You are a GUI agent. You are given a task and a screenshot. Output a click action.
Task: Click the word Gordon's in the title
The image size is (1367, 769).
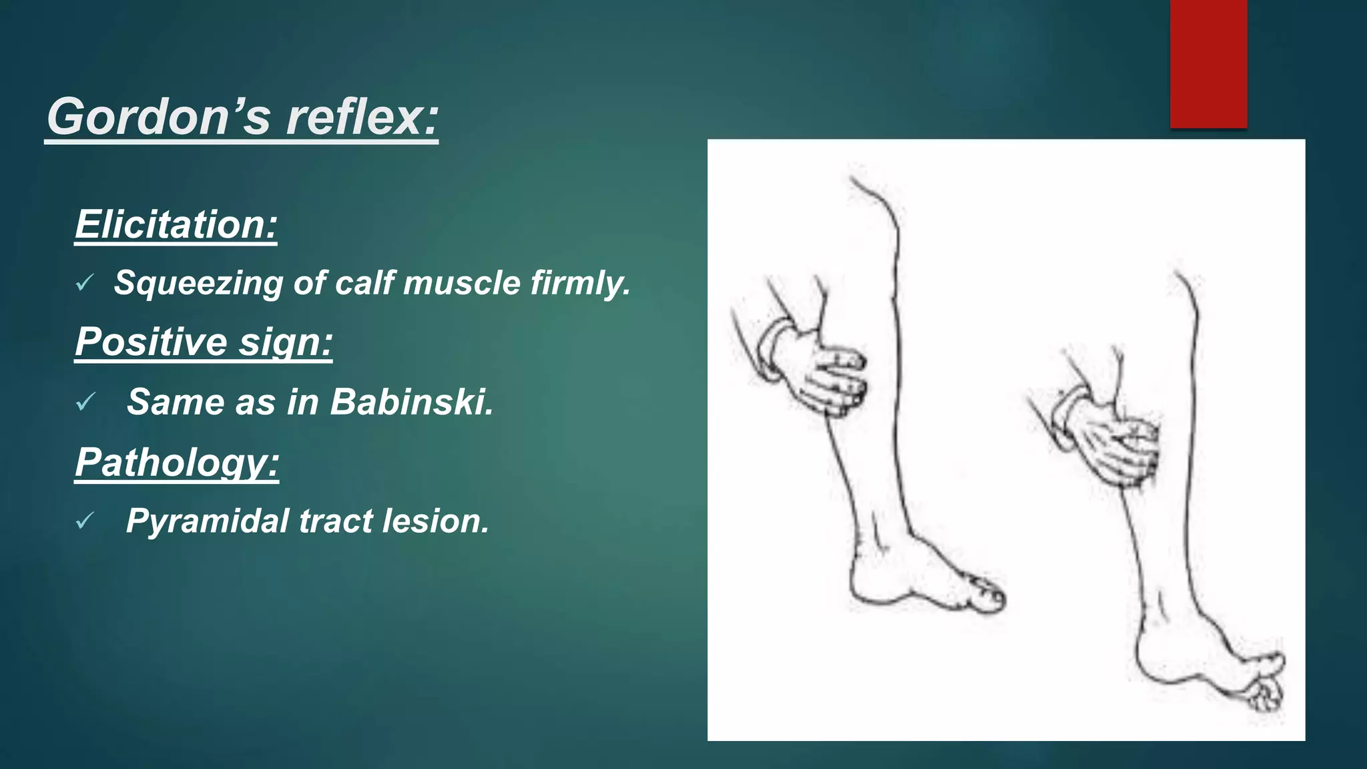158,117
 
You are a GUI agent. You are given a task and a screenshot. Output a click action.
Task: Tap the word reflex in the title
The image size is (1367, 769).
360,117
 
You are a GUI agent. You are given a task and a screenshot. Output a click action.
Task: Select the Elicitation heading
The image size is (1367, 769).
176,224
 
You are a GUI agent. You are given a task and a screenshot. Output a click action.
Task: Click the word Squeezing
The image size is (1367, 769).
198,283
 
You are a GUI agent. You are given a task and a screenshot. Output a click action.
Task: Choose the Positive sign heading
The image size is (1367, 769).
204,342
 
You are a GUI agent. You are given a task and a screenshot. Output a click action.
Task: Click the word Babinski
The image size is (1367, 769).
411,402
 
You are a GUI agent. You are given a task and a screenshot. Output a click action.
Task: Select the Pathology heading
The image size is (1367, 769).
177,462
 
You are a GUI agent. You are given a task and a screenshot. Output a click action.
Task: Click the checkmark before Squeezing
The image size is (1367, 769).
84,284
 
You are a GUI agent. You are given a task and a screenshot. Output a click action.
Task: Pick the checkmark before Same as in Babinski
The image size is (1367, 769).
85,403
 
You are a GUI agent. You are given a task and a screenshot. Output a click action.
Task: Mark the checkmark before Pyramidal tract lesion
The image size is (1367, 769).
85,521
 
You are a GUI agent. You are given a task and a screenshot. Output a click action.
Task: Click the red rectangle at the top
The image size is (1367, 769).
1208,63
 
